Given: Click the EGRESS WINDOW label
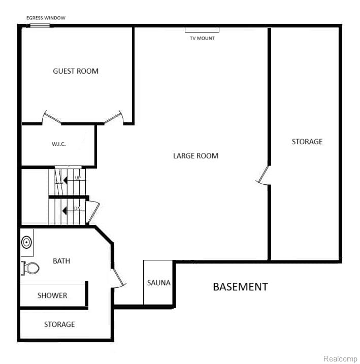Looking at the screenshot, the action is click(x=46, y=18).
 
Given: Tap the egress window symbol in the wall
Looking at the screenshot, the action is click(x=40, y=25).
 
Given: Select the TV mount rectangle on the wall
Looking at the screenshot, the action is click(x=202, y=30).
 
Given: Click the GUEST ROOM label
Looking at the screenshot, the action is click(x=76, y=71).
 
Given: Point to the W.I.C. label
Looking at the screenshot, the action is click(x=59, y=144).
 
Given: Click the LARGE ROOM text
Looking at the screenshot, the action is click(x=195, y=156).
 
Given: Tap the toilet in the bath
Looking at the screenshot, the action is click(x=30, y=268).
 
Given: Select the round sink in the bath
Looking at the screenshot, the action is click(x=26, y=242).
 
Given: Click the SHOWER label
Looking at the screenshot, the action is click(x=52, y=295).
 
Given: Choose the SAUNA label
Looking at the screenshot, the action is click(x=159, y=283).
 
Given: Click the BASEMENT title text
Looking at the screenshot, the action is click(x=241, y=287).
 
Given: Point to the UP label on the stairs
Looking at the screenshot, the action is click(x=78, y=178).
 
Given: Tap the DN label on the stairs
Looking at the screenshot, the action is click(x=77, y=209).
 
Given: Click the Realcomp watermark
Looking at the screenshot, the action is click(x=340, y=358).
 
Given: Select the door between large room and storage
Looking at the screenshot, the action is click(x=263, y=175).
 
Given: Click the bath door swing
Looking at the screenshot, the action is click(x=118, y=278).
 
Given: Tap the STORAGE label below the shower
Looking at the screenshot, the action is click(x=59, y=324).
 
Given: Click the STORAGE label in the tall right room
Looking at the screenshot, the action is click(x=307, y=142).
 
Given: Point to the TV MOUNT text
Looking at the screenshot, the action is click(x=202, y=38).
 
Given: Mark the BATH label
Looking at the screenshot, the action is click(x=61, y=261).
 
